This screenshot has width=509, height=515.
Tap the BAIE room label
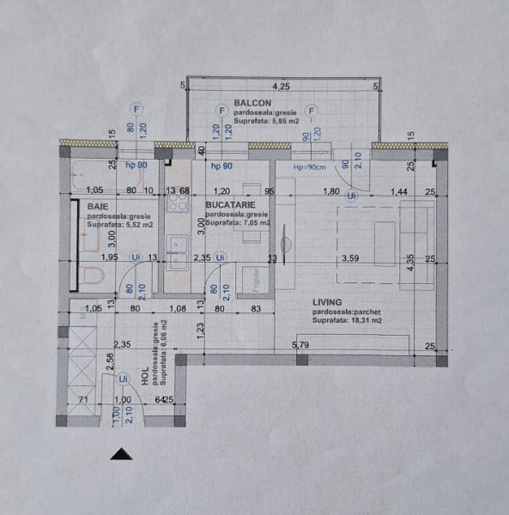click(x=96, y=206)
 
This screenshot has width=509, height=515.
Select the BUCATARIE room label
click(x=232, y=206)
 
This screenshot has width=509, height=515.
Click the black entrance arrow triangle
click(x=124, y=455)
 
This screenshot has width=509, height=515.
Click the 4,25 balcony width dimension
click(x=281, y=87)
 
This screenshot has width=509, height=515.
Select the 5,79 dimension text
click(x=300, y=346)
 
